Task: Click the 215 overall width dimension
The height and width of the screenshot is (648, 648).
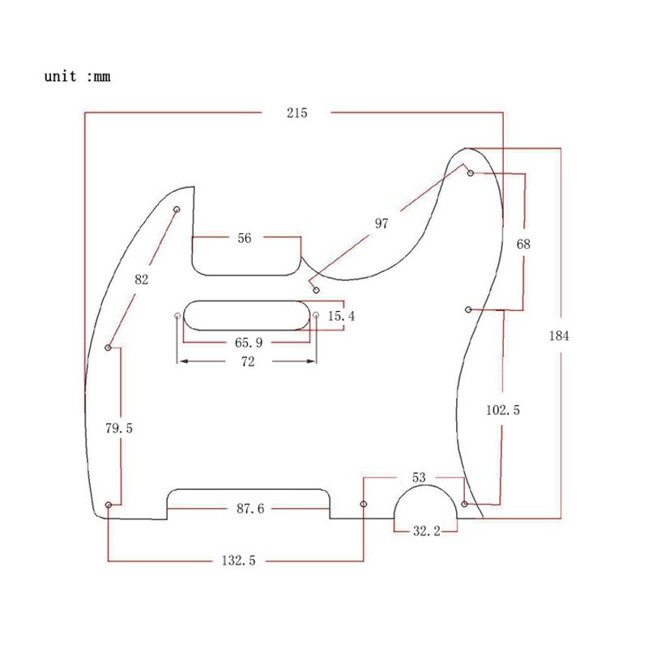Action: pyautogui.click(x=296, y=113)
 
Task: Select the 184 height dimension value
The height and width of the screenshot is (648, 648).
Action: pyautogui.click(x=558, y=336)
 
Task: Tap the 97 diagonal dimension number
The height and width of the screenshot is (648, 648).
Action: pyautogui.click(x=381, y=224)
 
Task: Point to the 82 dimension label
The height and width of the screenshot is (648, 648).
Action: pyautogui.click(x=142, y=279)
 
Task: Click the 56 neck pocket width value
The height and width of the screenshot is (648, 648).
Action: pyautogui.click(x=245, y=238)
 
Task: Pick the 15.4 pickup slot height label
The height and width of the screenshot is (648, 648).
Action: pyautogui.click(x=341, y=316)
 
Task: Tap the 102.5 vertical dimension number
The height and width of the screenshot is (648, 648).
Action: pyautogui.click(x=503, y=411)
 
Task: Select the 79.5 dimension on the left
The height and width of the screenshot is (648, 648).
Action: pyautogui.click(x=118, y=428)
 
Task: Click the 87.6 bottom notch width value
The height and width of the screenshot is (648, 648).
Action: pyautogui.click(x=249, y=509)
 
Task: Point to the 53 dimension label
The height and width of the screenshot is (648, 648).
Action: pyautogui.click(x=419, y=478)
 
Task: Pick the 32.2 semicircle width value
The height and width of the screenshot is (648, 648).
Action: pyautogui.click(x=426, y=531)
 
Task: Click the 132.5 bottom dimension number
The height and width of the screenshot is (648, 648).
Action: pyautogui.click(x=238, y=560)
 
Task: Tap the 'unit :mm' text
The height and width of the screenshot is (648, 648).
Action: pyautogui.click(x=77, y=77)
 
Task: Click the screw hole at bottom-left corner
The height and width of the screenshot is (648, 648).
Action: pyautogui.click(x=109, y=505)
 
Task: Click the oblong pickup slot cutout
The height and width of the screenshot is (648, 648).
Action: pyautogui.click(x=248, y=314)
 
